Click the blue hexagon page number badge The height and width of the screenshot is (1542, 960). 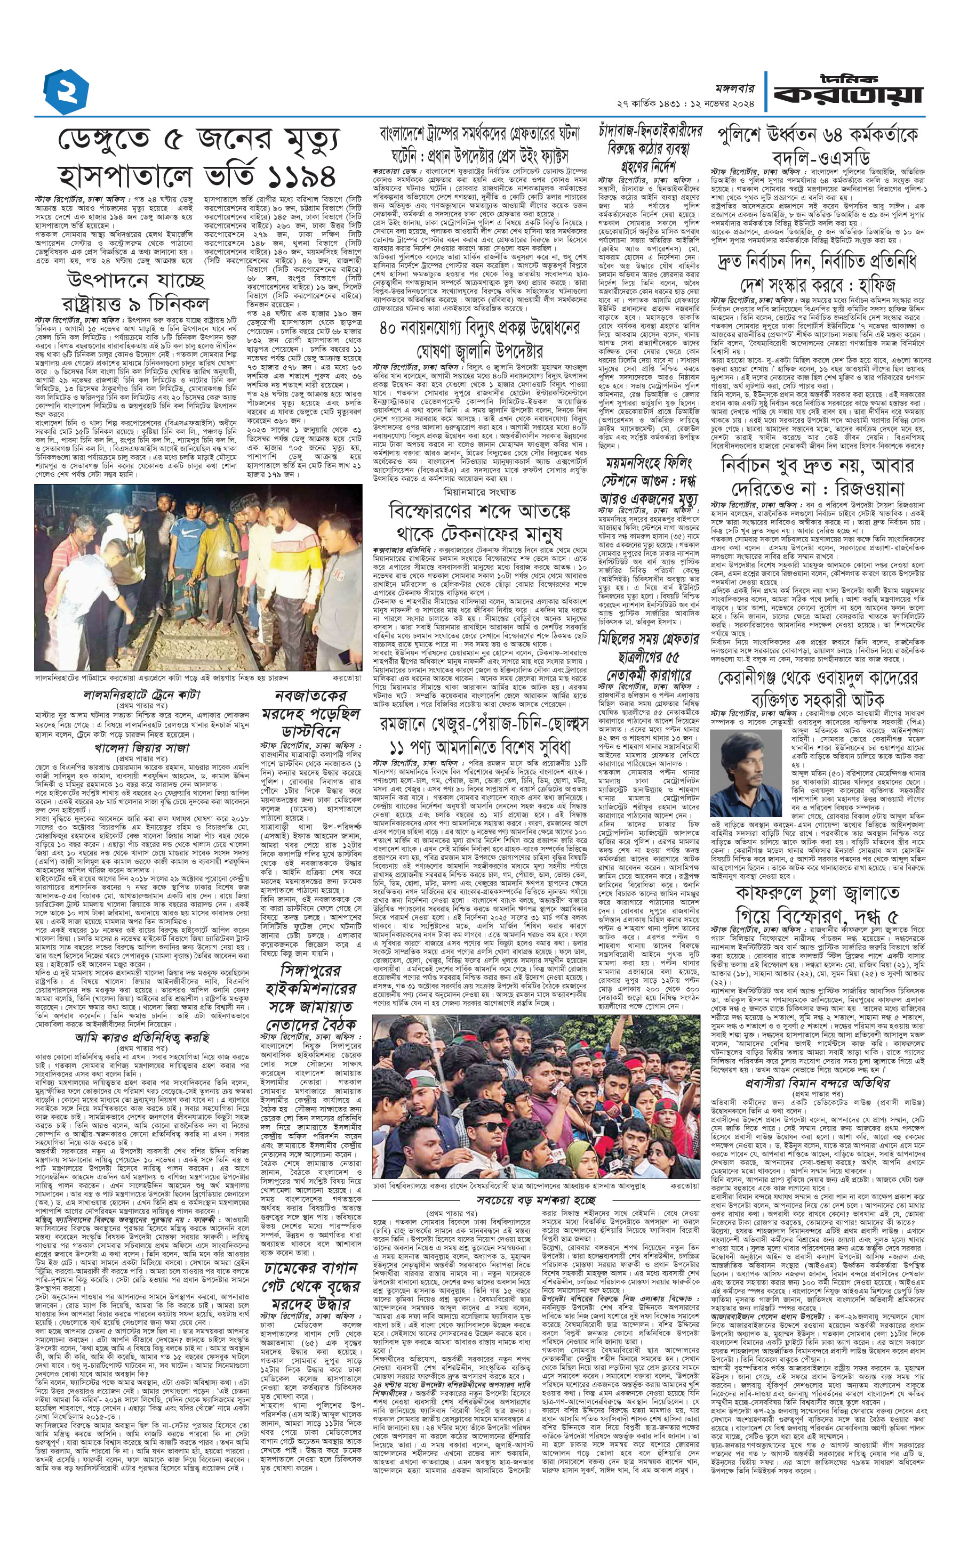point(66,92)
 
